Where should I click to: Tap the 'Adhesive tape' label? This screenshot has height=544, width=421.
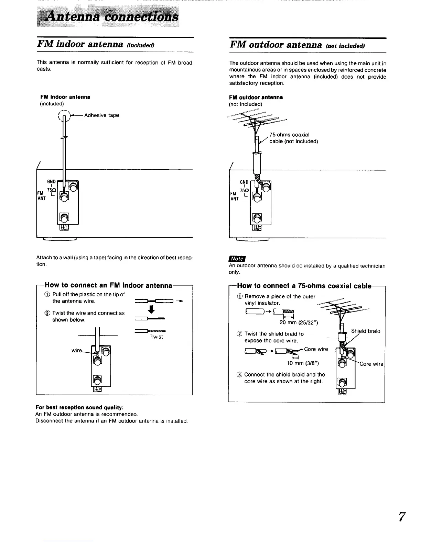coord(101,115)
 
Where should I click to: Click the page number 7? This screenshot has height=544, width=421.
coord(401,517)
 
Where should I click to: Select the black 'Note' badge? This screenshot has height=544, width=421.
coord(237,259)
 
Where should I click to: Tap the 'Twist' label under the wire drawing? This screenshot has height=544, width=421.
coord(156,337)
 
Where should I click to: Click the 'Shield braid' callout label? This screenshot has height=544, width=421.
coord(366,331)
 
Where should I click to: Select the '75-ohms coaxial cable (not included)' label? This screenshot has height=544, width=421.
coord(293,138)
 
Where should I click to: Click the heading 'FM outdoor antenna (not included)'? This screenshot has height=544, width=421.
coord(297,45)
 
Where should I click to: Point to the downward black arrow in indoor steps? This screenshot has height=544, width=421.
coord(152,310)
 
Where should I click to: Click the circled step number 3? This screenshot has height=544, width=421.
coord(240,375)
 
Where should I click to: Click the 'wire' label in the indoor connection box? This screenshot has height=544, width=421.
coord(76,351)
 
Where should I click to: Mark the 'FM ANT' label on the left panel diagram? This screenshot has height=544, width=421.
coord(41,196)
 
